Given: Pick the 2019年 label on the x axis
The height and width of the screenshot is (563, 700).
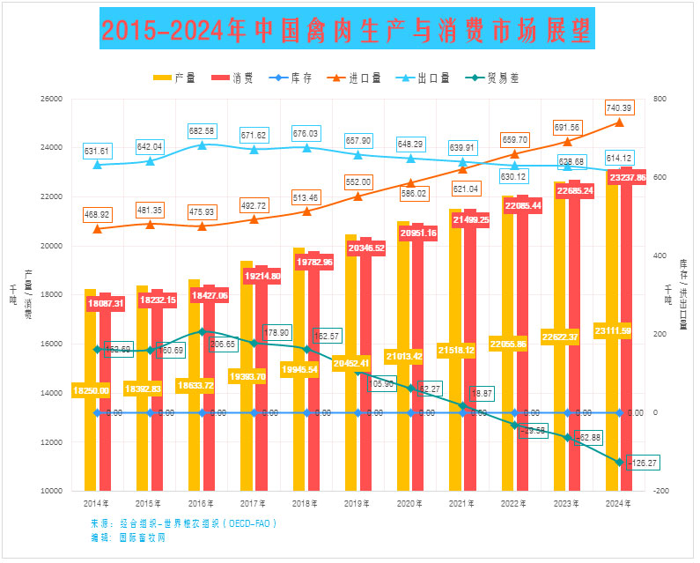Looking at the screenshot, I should pos(357,503).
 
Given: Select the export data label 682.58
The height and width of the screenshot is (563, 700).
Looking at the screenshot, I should pos(203,131).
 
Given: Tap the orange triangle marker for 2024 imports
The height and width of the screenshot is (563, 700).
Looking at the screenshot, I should pos(619,122).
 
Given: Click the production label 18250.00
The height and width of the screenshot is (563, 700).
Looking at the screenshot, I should pos(91,390).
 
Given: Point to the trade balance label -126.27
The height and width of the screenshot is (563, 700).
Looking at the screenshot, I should pos(642,462).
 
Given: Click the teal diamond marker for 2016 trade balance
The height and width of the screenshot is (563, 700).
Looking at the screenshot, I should pos(202,332).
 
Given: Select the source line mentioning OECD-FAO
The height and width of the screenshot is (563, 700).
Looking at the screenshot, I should pos(183,523).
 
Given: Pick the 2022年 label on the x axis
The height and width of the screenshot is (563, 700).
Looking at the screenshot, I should pos(512,503).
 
